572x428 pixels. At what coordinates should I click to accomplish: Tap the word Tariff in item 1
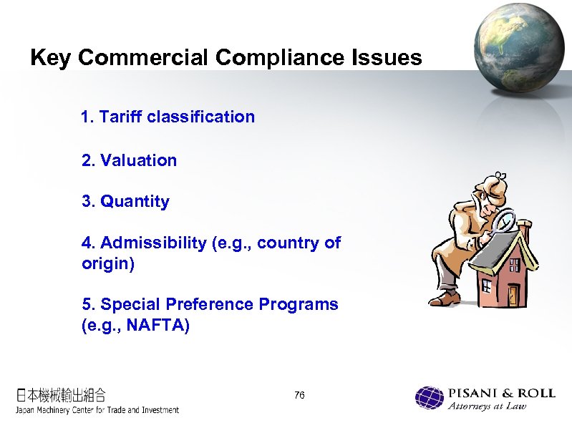pos(121,117)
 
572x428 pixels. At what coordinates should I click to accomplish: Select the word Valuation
pos(139,160)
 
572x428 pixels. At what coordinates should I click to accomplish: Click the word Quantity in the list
pos(135,202)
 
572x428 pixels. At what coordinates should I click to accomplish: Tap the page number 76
pos(299,396)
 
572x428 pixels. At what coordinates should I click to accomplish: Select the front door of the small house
pos(513,293)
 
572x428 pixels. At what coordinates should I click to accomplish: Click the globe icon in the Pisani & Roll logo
pos(430,398)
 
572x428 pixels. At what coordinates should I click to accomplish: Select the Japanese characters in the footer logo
pos(62,394)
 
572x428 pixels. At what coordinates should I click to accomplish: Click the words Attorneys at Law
pos(487,407)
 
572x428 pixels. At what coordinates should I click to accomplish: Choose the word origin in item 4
pos(107,263)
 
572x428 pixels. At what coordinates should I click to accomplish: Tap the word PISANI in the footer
pos(472,393)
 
